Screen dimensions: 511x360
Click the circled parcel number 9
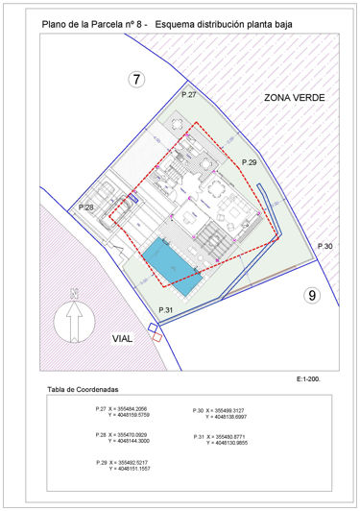311,296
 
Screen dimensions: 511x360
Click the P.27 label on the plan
188,95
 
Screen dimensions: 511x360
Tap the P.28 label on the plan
85,207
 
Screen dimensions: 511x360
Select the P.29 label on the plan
250,163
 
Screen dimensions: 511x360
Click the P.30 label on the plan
326,247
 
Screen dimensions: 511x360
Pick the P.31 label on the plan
165,310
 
